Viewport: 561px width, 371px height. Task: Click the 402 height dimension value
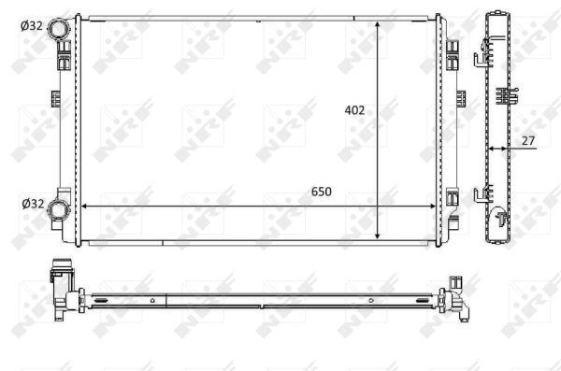(354, 110)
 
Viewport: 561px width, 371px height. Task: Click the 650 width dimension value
(322, 192)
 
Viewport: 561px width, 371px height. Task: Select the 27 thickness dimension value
(527, 140)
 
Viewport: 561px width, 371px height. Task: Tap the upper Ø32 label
(32, 26)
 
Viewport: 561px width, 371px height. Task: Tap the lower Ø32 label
(33, 204)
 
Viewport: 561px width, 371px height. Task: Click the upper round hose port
(59, 29)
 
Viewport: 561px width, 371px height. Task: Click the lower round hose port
(58, 209)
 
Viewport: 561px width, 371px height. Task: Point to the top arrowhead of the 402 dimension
(377, 24)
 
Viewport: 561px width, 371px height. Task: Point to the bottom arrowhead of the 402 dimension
(377, 235)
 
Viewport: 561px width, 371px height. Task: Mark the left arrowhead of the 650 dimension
(85, 207)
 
